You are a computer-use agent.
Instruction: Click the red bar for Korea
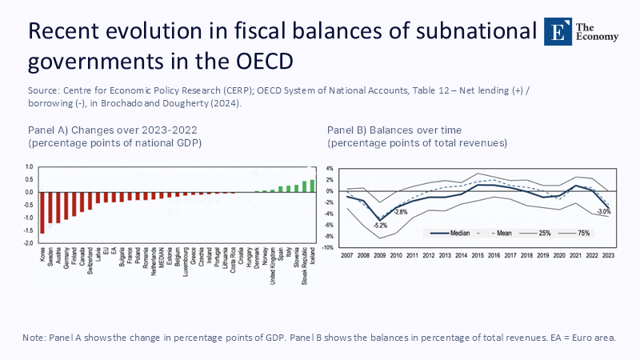tap(42, 212)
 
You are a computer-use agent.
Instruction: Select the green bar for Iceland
tap(312, 186)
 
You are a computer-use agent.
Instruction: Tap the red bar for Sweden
tap(50, 207)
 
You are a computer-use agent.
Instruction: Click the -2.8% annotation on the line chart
tap(401, 212)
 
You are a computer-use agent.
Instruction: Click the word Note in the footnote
tap(35, 338)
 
